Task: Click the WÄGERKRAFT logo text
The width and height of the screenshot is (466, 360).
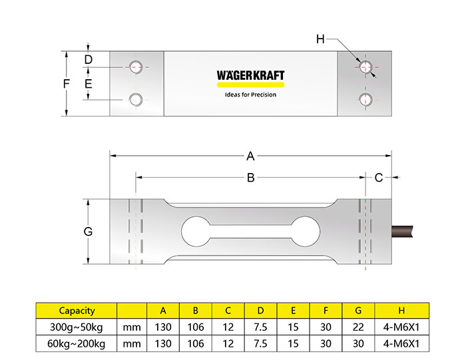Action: tap(250, 75)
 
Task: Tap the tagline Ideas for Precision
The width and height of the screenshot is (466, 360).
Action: tap(250, 94)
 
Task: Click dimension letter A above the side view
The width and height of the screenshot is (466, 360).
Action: tap(250, 156)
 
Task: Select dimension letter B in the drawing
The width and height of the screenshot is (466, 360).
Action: tap(251, 178)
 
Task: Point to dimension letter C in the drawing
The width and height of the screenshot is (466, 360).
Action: tap(379, 178)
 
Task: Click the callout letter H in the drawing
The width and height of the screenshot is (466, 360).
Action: tap(320, 39)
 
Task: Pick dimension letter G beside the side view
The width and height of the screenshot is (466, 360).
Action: tap(88, 232)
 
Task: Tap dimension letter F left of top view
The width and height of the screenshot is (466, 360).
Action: tap(67, 84)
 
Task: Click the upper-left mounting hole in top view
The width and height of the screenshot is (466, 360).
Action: tap(136, 67)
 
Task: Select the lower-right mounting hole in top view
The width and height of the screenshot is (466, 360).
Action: tap(365, 100)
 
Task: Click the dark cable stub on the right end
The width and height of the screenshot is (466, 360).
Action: tap(402, 232)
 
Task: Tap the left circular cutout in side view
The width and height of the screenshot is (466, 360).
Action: tap(196, 232)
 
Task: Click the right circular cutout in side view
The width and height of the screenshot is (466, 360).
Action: tap(305, 232)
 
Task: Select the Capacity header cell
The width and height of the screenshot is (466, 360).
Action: tap(77, 311)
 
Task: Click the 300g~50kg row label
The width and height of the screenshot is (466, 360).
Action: tap(77, 327)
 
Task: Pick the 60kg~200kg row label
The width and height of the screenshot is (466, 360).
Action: tap(77, 343)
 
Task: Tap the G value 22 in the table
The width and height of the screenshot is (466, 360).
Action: tap(358, 327)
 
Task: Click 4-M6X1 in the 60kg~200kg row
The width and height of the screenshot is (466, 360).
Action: tap(401, 343)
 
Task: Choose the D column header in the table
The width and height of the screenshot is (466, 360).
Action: tap(261, 311)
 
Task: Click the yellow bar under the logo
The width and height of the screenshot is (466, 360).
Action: tap(250, 85)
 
